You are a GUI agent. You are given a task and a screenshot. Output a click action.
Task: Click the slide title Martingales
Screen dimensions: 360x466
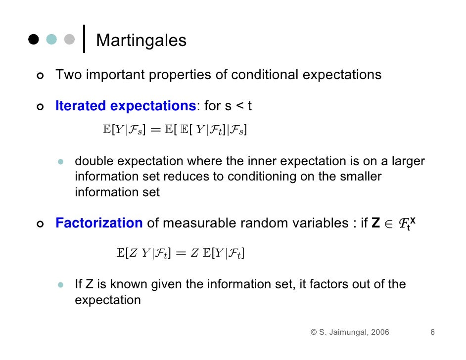(141, 40)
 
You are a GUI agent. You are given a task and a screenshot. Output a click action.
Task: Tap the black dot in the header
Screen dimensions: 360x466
(34, 39)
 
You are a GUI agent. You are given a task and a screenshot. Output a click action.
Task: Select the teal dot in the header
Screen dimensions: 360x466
(51, 39)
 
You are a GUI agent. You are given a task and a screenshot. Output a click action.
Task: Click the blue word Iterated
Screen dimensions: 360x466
(81, 106)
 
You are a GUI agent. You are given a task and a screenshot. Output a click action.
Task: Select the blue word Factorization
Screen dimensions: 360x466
(99, 223)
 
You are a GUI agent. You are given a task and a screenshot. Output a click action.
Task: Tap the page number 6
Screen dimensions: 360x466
(432, 332)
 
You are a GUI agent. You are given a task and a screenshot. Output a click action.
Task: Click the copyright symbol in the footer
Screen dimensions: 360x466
(314, 332)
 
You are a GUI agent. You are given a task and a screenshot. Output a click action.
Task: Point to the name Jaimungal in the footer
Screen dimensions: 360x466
(347, 332)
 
